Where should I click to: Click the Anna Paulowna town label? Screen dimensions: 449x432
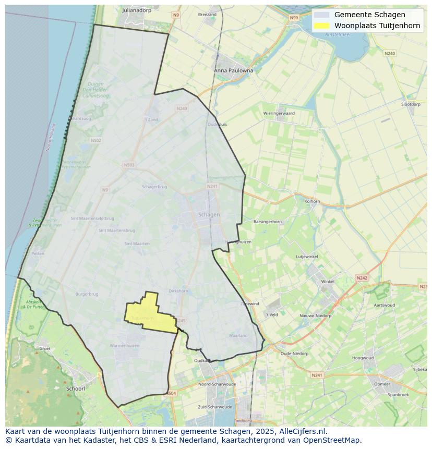(233, 70)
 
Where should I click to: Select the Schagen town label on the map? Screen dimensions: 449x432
(209, 214)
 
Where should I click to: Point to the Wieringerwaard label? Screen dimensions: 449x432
(279, 113)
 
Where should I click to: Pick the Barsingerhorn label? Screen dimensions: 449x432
(267, 222)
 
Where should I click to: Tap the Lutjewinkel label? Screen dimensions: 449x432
(307, 257)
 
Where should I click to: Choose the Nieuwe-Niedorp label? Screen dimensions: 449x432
(315, 316)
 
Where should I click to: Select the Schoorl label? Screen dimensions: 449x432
(76, 389)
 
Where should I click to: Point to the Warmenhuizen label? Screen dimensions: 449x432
(125, 346)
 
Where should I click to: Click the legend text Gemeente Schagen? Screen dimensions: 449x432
(369, 15)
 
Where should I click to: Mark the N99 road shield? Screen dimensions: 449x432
(294, 18)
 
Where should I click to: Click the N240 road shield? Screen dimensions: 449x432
(389, 54)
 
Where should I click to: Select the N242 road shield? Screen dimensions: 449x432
(362, 278)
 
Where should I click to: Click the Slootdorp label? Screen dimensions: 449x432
(411, 104)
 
